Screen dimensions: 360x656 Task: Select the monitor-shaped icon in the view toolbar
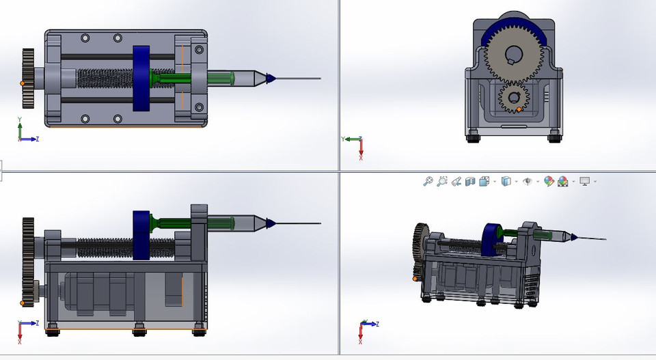(x=584, y=181)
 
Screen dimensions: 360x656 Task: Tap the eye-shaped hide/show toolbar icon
(x=528, y=181)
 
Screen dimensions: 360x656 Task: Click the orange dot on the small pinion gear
(x=519, y=109)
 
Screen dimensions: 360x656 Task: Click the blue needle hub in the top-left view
(x=270, y=78)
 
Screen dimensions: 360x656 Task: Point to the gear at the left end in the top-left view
(x=28, y=78)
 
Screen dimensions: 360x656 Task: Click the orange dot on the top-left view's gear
(x=23, y=83)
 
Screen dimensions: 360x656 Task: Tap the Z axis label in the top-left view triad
(x=37, y=139)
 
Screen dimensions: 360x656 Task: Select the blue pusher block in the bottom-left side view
(x=141, y=234)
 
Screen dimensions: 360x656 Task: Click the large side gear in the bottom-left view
(x=28, y=263)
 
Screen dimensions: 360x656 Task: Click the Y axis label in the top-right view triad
(x=342, y=139)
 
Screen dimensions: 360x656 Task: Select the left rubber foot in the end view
(x=472, y=137)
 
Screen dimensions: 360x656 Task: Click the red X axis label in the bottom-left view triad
(x=20, y=340)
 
